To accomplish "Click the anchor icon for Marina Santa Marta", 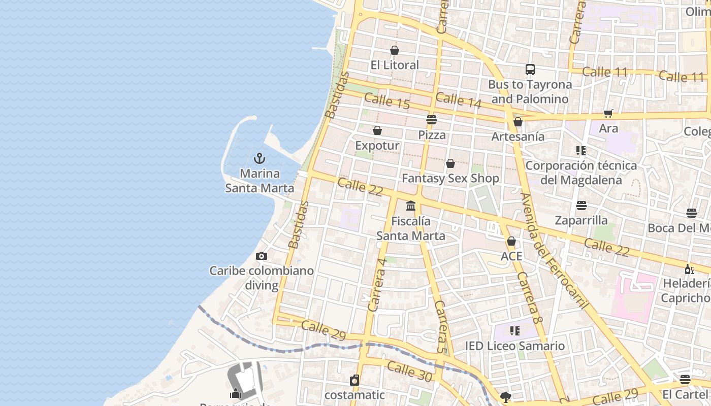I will (x=260, y=158).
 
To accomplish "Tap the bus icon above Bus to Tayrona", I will (x=530, y=69).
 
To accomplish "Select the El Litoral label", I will (x=395, y=65).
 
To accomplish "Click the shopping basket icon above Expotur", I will (x=377, y=130).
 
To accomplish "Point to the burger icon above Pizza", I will (x=432, y=120).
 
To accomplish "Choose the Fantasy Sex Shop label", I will (x=450, y=178).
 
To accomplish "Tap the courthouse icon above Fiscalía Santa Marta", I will (x=411, y=206).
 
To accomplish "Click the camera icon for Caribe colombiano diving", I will (x=262, y=256).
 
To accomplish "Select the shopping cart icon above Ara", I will (x=608, y=113).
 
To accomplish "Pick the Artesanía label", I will (x=518, y=137).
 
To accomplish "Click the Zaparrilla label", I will (x=581, y=220).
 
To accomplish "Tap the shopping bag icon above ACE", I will (x=511, y=241).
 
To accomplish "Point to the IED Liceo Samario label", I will (x=515, y=346).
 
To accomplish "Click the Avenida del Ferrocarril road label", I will (x=554, y=251).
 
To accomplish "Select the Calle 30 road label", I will (x=409, y=371).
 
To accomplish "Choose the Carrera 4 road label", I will (x=377, y=284).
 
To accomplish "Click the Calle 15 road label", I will (x=386, y=101).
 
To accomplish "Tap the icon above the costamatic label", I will (x=354, y=380).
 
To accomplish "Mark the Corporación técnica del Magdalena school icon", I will (x=581, y=151).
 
